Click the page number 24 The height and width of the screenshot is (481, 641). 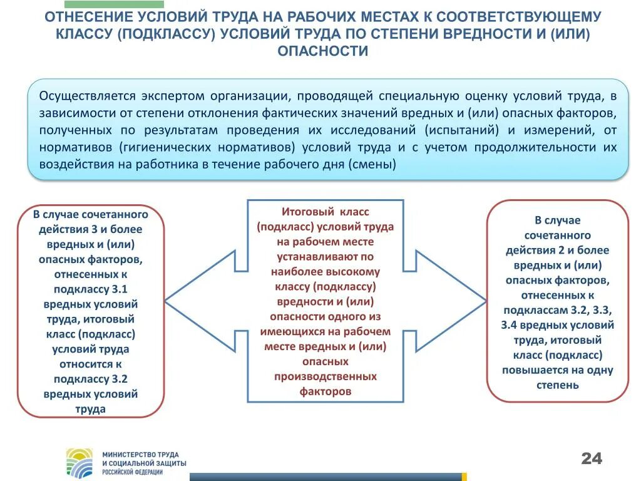[x=591, y=459]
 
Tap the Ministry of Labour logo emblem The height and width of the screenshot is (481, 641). [x=79, y=462]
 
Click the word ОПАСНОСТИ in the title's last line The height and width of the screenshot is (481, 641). [x=322, y=51]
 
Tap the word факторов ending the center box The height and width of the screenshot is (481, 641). [x=326, y=392]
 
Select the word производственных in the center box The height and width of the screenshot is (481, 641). [x=326, y=377]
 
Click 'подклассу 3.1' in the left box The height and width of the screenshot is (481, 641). [x=91, y=289]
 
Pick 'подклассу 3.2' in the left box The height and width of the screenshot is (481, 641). [x=91, y=380]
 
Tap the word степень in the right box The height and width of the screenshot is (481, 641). [x=557, y=385]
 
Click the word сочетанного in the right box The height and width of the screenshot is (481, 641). [x=557, y=235]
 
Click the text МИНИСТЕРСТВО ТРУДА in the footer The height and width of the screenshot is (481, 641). [x=140, y=454]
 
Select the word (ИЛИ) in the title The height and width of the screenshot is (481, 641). [x=570, y=34]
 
